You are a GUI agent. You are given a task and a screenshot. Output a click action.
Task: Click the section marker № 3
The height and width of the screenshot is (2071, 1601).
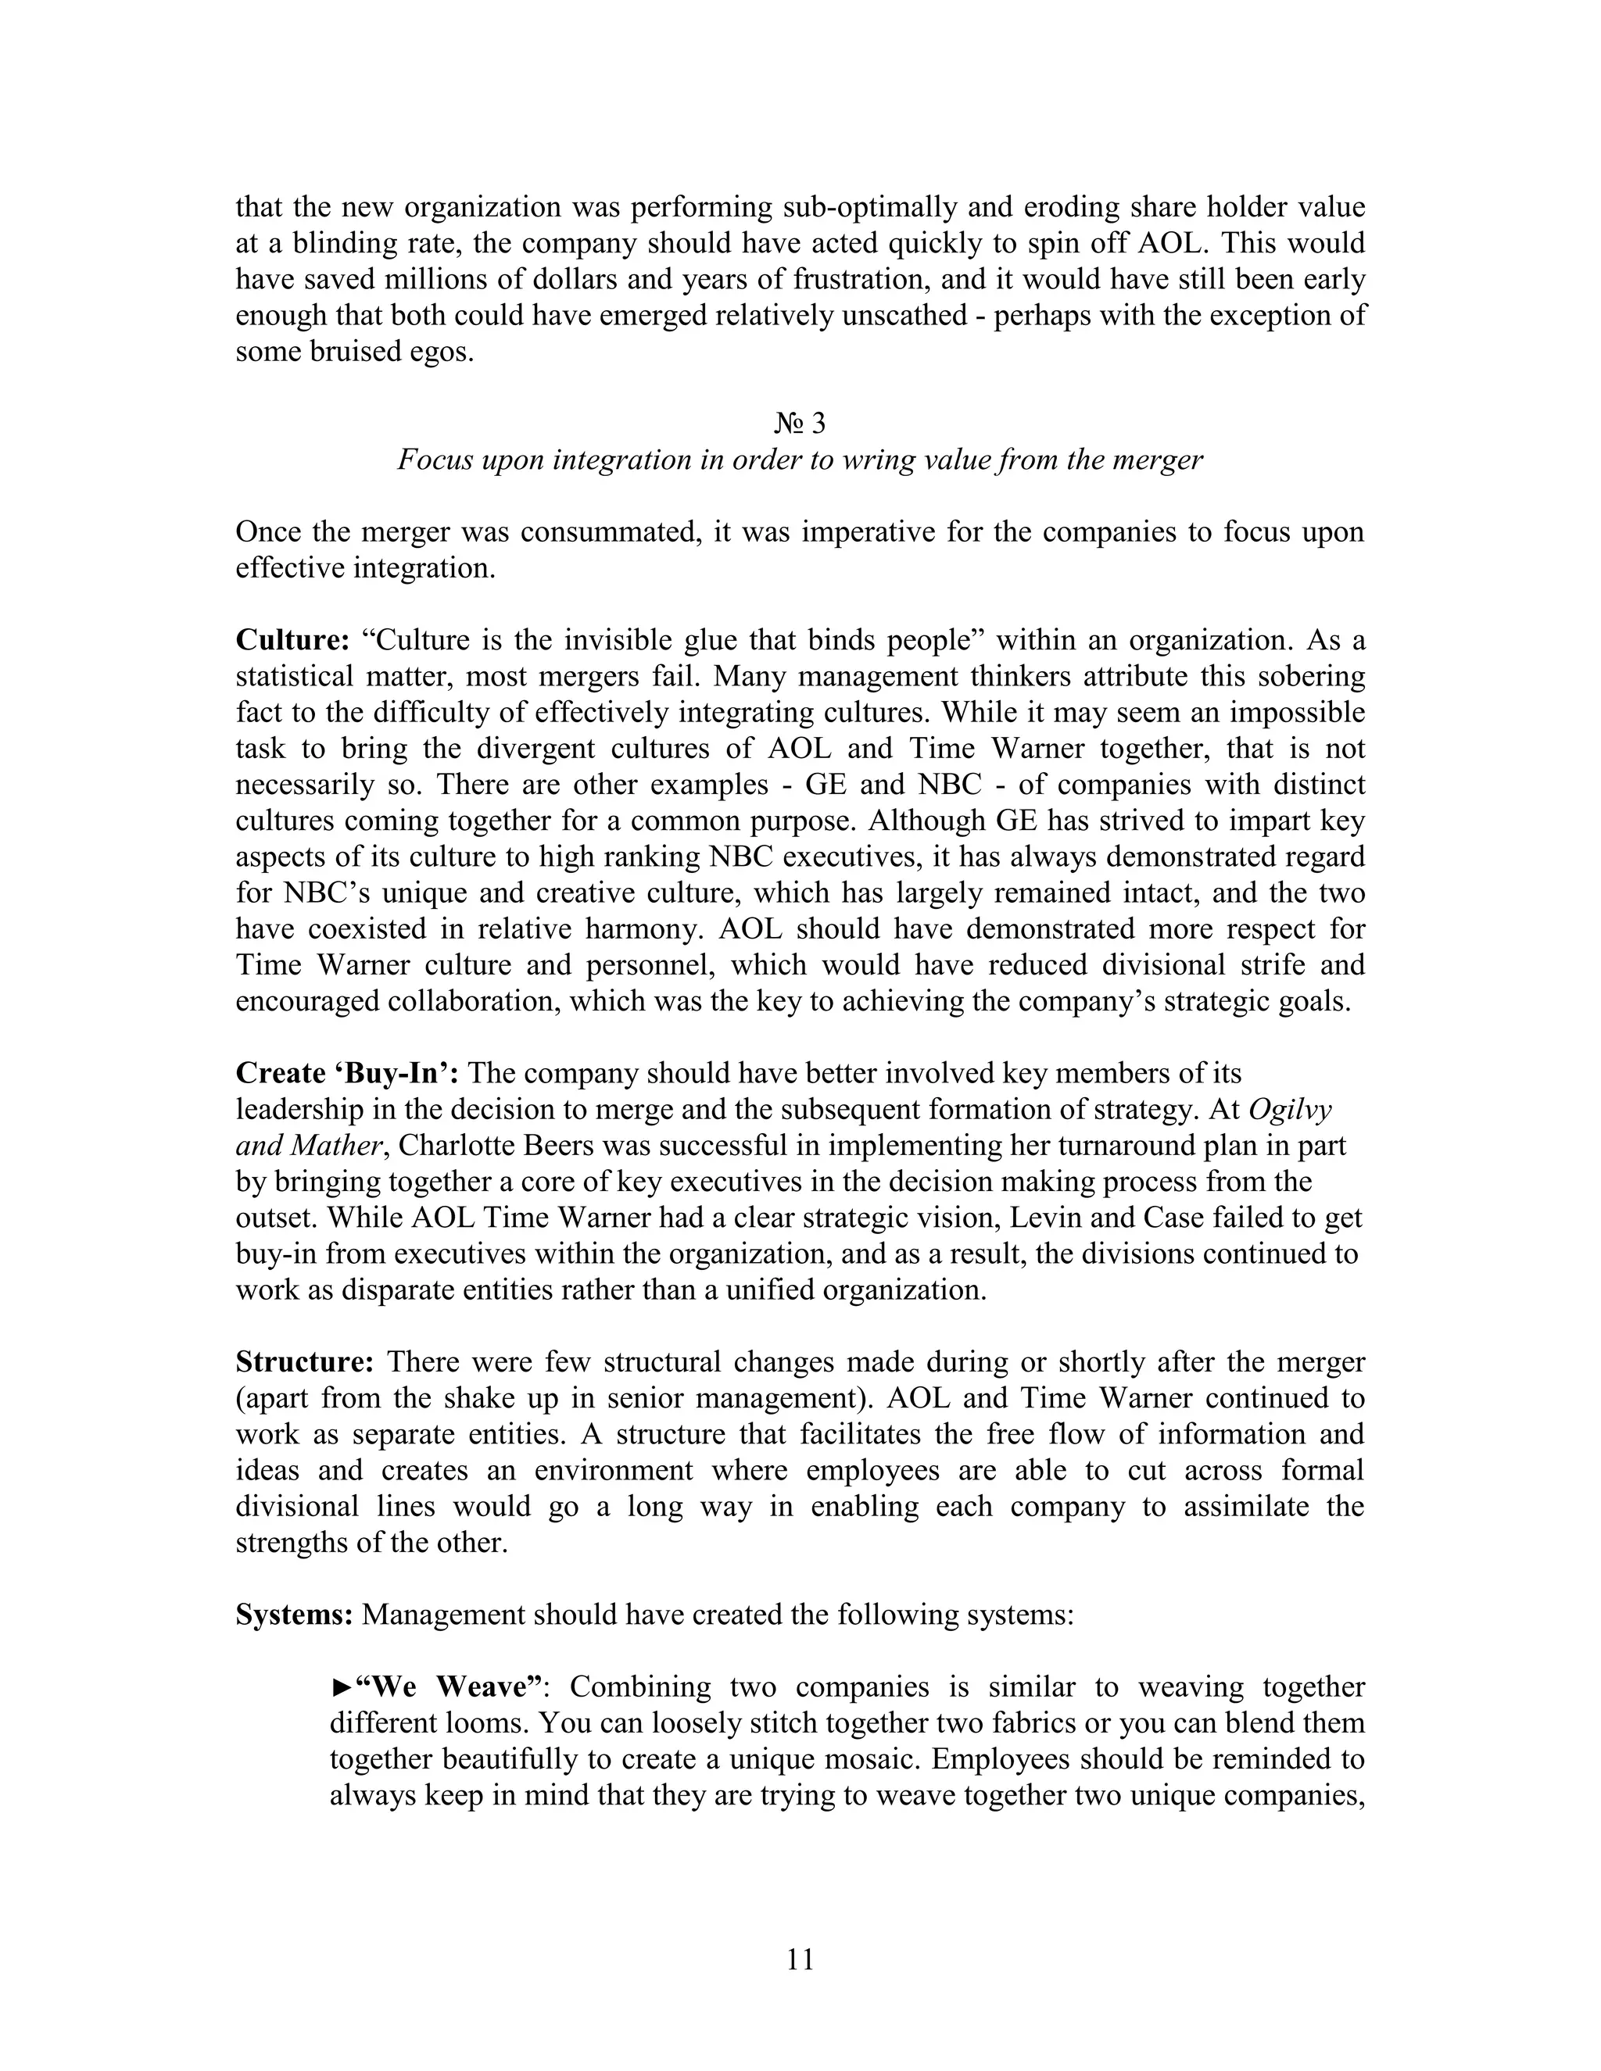[800, 423]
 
